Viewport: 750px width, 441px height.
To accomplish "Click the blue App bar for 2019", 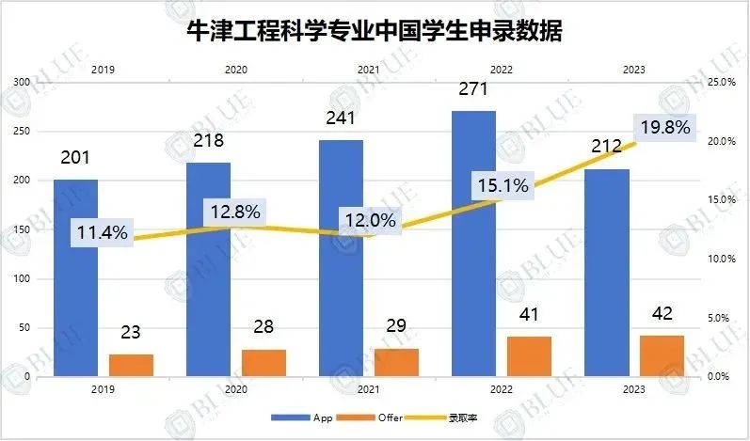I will [75, 277].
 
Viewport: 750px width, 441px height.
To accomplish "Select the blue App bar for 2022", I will [473, 244].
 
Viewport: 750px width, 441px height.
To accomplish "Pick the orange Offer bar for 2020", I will [263, 363].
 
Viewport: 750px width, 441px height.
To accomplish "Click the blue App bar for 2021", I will [340, 258].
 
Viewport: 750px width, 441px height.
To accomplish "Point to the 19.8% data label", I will [665, 127].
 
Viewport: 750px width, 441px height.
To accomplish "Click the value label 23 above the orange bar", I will [131, 332].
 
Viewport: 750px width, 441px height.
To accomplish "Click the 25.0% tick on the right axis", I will [720, 83].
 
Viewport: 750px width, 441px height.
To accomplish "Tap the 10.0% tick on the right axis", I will [720, 259].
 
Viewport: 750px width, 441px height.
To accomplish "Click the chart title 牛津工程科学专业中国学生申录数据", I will [374, 33].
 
